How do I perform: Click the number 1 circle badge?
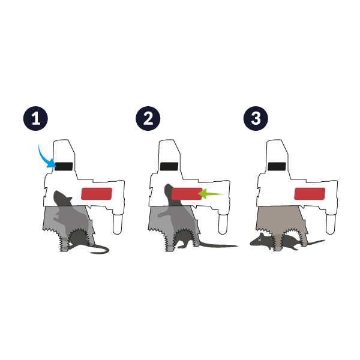tap(35, 118)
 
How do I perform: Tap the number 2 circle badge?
tap(148, 118)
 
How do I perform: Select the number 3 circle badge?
tap(256, 118)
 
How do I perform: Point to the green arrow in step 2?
tap(211, 194)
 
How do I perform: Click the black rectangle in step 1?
tap(64, 166)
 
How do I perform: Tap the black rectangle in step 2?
tap(169, 166)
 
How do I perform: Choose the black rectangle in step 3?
tap(277, 166)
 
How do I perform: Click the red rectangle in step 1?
tap(97, 194)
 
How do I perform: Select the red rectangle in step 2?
tap(187, 194)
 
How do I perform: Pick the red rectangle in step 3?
tap(310, 194)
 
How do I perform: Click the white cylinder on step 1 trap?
tap(118, 224)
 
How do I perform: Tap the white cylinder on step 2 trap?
tap(223, 224)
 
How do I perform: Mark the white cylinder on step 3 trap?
tap(331, 224)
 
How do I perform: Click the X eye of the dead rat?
tap(260, 240)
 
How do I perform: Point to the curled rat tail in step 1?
tap(101, 247)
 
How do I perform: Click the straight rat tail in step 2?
tap(218, 245)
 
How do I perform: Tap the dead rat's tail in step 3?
tap(316, 242)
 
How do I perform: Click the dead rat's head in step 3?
tap(260, 240)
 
